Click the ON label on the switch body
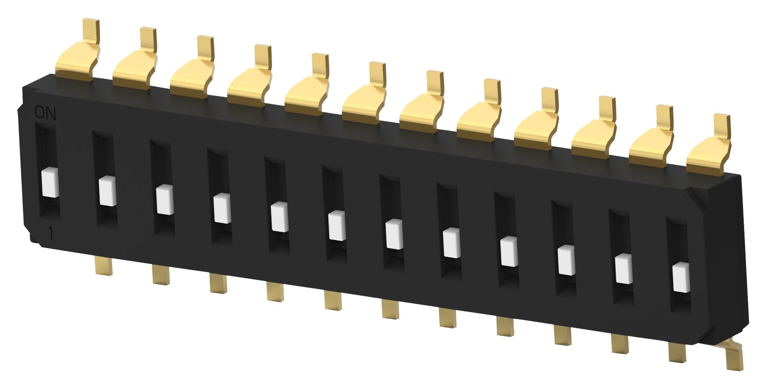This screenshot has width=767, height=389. click(x=45, y=114)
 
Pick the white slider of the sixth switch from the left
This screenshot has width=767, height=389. click(x=337, y=225)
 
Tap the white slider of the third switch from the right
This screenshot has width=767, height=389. click(x=566, y=260)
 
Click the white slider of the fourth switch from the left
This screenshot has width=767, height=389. click(x=222, y=208)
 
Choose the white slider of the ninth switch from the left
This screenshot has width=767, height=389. click(x=509, y=251)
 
